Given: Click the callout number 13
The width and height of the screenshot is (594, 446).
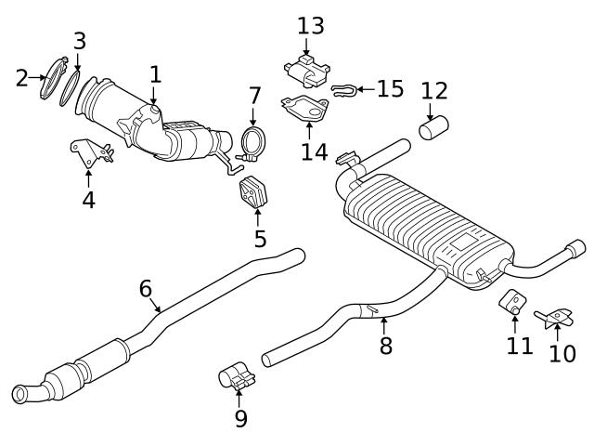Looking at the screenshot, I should pos(311,25).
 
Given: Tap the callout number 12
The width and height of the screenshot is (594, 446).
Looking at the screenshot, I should pos(434,91).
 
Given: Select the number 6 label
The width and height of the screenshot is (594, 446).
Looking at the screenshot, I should pos(146,288).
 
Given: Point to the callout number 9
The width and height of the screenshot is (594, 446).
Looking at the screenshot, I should pos(240,419).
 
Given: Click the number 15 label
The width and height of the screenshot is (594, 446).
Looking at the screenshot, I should pos(390,89).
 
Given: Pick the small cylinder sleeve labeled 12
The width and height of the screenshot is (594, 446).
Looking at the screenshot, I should pos(434,128).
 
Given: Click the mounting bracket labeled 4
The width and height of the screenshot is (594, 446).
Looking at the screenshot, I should pos(90,151).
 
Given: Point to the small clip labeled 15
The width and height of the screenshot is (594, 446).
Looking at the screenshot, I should pos(342,90).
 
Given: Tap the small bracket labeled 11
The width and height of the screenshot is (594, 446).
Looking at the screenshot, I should pos(512,301).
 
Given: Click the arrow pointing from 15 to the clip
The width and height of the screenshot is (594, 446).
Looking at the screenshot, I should pos(365,89).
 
